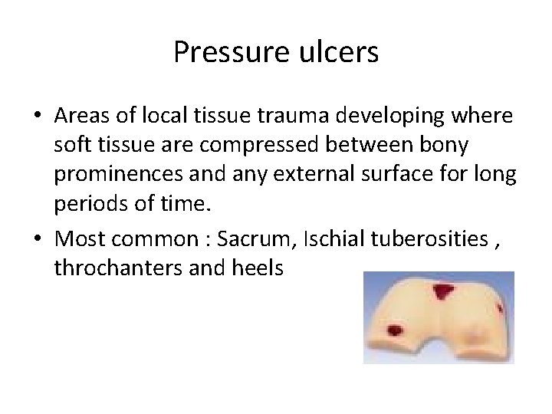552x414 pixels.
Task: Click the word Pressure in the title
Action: click(x=220, y=52)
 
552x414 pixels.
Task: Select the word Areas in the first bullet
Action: click(x=80, y=116)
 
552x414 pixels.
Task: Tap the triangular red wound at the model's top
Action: click(x=443, y=291)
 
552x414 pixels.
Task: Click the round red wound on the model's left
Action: click(x=395, y=330)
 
